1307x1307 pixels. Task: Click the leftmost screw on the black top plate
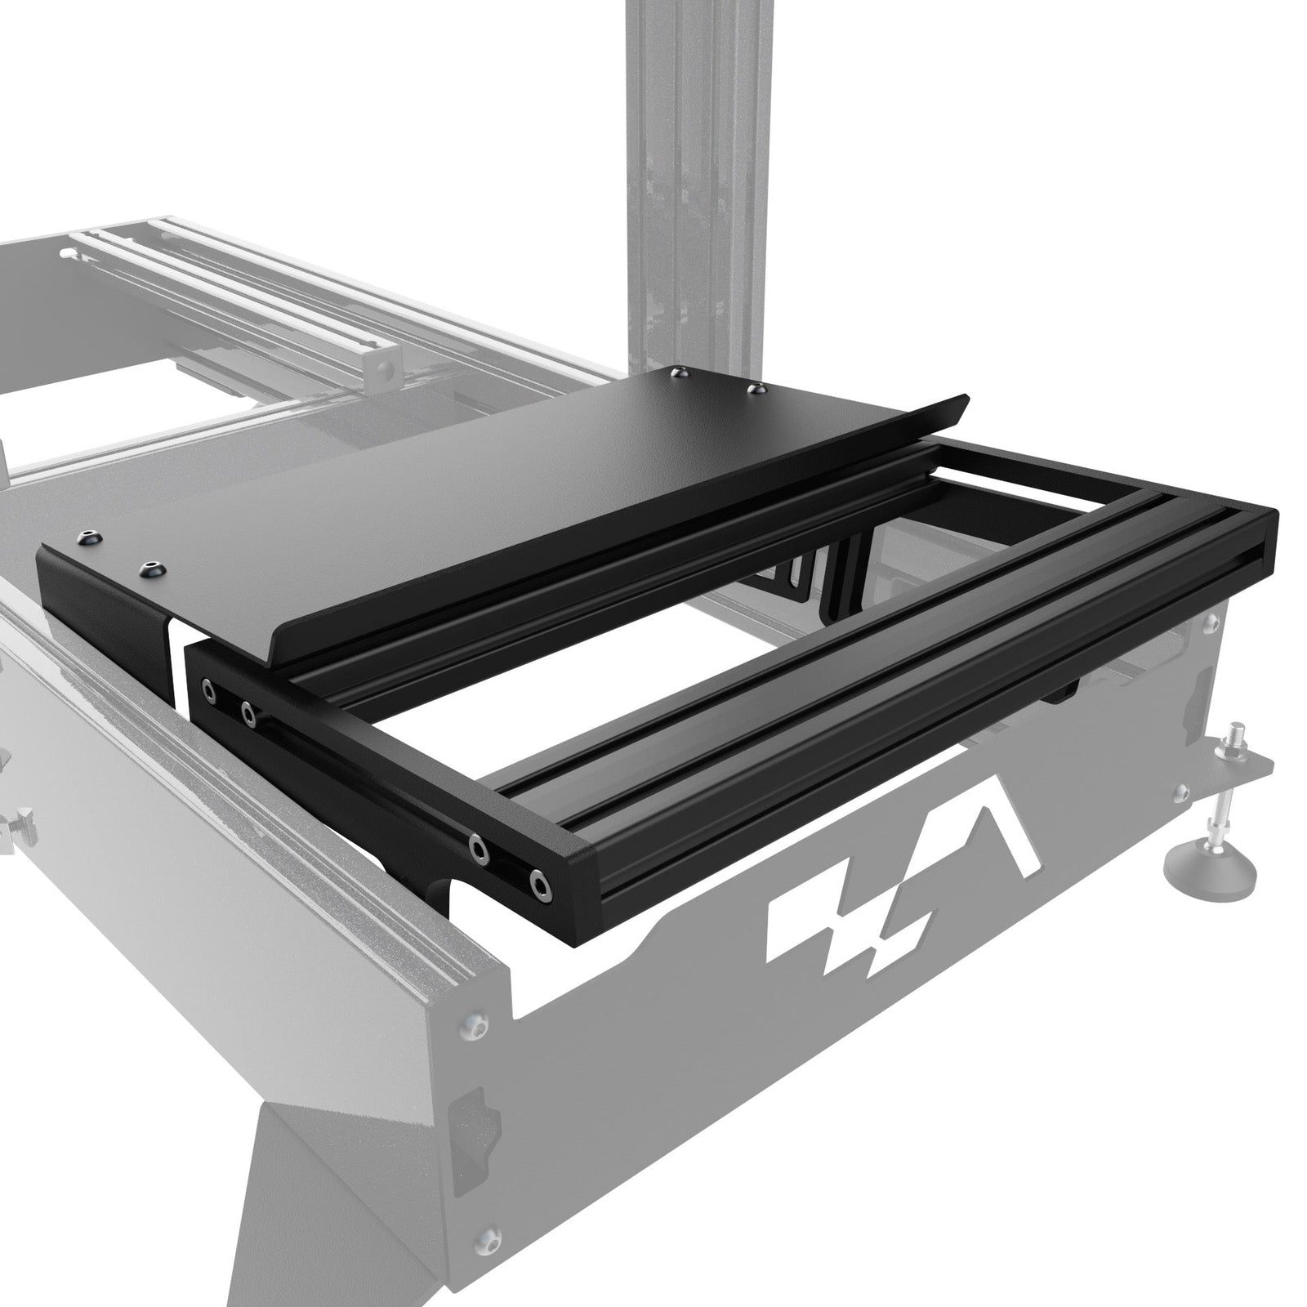point(87,538)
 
